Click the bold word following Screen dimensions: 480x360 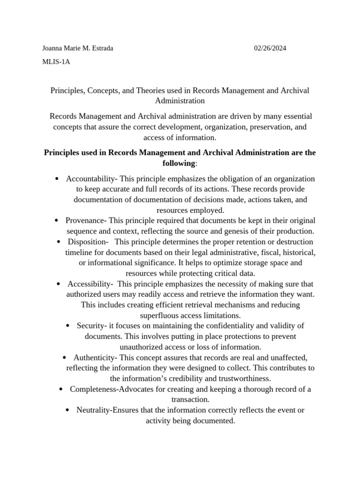click(x=178, y=163)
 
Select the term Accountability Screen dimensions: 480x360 click(x=91, y=179)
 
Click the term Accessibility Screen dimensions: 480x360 click(x=89, y=284)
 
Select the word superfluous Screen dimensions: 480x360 click(x=162, y=315)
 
